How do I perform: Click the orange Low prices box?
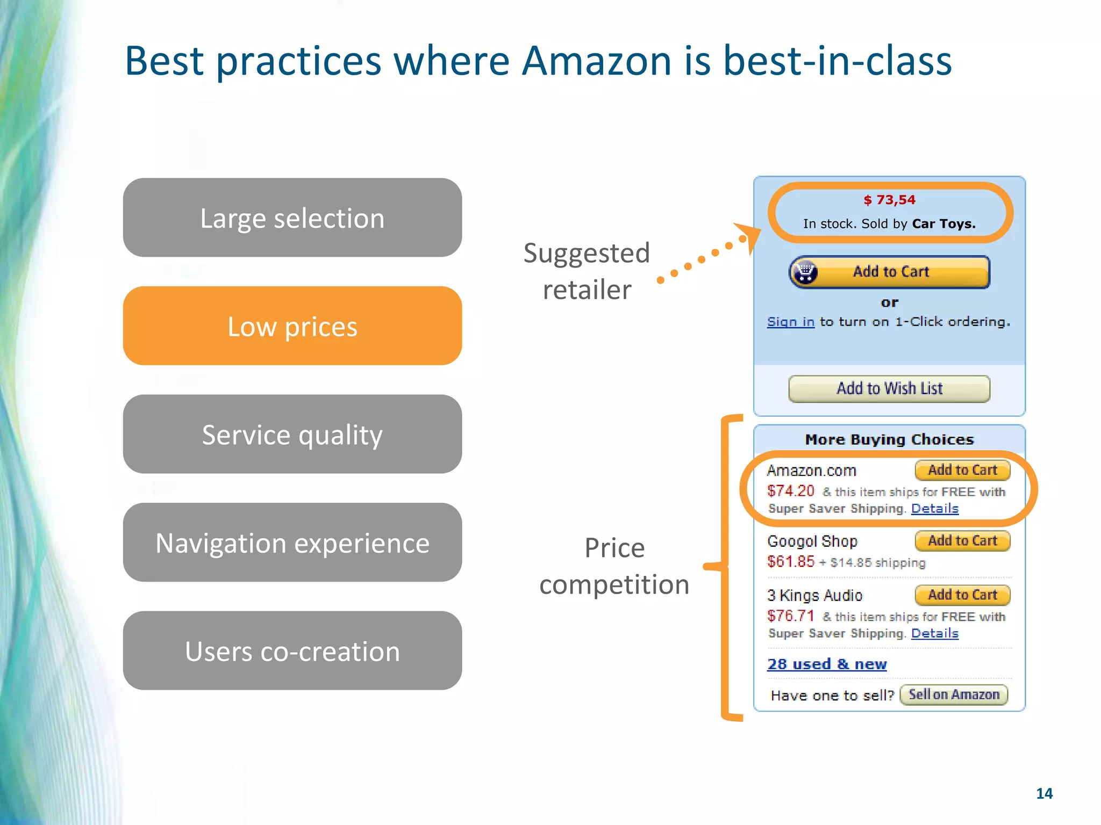click(x=292, y=326)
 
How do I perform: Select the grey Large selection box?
click(x=292, y=218)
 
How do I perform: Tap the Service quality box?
click(x=292, y=434)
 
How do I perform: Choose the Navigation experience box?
click(x=292, y=542)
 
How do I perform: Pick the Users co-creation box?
click(x=292, y=651)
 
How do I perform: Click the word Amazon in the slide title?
click(x=597, y=60)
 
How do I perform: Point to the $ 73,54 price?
click(x=889, y=200)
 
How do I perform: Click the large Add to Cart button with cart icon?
click(x=889, y=272)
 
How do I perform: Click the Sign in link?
click(x=790, y=322)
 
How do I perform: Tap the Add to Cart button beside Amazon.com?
click(x=962, y=470)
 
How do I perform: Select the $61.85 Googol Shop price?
click(x=790, y=562)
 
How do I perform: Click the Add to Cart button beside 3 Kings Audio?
click(x=962, y=595)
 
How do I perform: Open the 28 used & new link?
click(x=826, y=664)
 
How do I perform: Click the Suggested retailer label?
click(x=587, y=271)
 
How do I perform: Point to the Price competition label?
click(x=614, y=566)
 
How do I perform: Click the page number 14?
click(x=1044, y=793)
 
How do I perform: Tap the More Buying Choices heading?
click(x=889, y=439)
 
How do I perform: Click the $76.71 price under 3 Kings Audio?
click(x=790, y=616)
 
